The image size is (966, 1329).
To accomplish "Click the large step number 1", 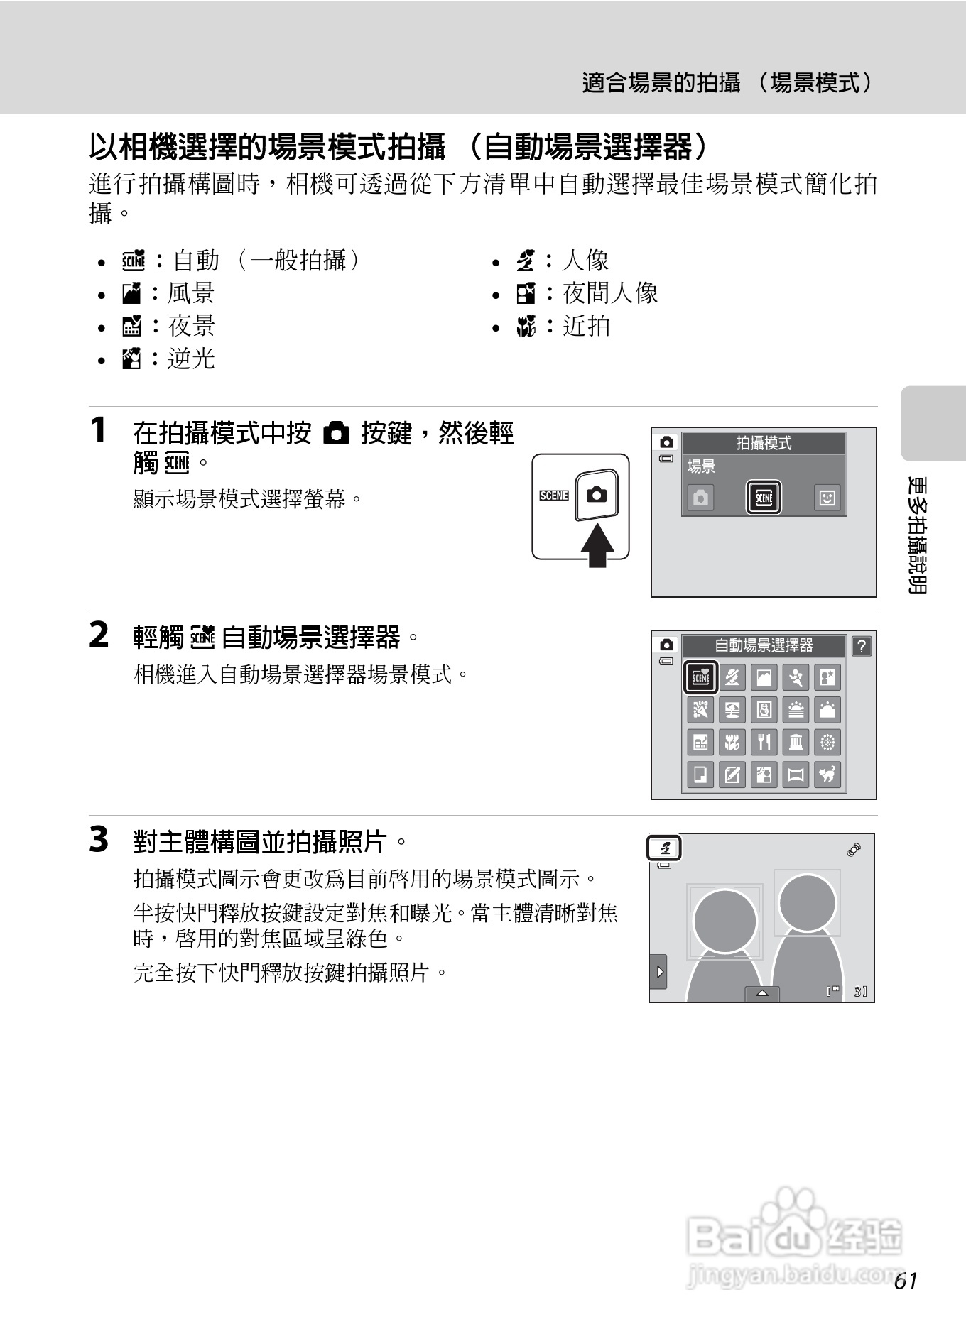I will click(x=99, y=431).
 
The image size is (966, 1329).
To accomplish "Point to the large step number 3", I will click(x=99, y=840).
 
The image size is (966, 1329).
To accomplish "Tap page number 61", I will click(x=906, y=1281).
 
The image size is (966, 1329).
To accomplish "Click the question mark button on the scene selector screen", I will click(x=861, y=646).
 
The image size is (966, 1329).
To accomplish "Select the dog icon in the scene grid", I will click(x=827, y=774).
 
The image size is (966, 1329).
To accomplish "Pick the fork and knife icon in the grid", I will click(x=764, y=742).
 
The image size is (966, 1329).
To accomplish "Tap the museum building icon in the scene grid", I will click(x=796, y=742).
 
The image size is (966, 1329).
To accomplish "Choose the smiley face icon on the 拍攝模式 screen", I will click(x=827, y=498).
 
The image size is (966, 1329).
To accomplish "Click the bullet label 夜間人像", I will click(x=610, y=293).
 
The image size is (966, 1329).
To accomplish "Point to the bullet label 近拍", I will click(x=586, y=326).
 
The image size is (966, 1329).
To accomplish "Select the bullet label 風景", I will click(x=191, y=293).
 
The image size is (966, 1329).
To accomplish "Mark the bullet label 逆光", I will click(x=191, y=359).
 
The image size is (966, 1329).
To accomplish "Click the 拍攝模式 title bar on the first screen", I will click(x=764, y=443).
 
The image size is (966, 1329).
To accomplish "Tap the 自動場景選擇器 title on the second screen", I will click(x=764, y=645).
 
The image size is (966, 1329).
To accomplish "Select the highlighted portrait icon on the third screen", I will click(x=665, y=848).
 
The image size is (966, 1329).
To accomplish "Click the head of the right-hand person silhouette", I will click(x=807, y=901).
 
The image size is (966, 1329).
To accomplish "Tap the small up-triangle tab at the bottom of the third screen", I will click(x=762, y=993).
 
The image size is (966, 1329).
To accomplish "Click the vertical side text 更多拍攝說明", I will click(x=918, y=536).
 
